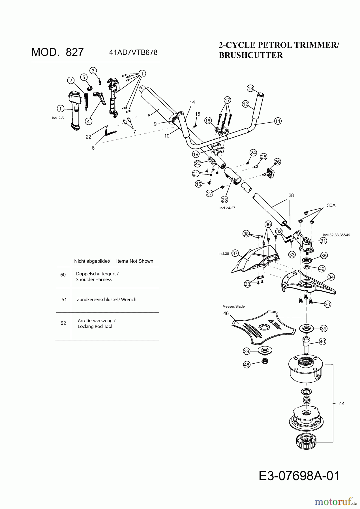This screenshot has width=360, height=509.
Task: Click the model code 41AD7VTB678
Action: point(133,52)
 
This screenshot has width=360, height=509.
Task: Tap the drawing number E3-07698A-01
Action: point(299,476)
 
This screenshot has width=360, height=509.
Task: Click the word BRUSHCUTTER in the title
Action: point(251,55)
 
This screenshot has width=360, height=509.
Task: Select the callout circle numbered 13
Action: point(250,89)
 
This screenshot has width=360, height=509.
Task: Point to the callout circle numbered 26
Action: point(277,162)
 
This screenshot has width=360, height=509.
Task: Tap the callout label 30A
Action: point(331,205)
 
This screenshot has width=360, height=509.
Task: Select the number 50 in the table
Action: point(63,275)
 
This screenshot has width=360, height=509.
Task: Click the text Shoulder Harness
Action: point(94,279)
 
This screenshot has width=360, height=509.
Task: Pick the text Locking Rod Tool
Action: point(95,326)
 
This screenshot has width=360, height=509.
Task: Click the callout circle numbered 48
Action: point(247,365)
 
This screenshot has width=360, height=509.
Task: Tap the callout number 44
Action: point(342,404)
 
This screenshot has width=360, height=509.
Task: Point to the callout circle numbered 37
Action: point(235,253)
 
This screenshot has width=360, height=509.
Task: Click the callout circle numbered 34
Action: point(331,277)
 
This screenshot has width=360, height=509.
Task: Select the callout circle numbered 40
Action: point(322,342)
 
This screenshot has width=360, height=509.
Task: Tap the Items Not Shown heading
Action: point(135,261)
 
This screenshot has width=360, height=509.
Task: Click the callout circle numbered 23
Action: point(224,200)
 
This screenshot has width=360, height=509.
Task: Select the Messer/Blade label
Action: point(233,306)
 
